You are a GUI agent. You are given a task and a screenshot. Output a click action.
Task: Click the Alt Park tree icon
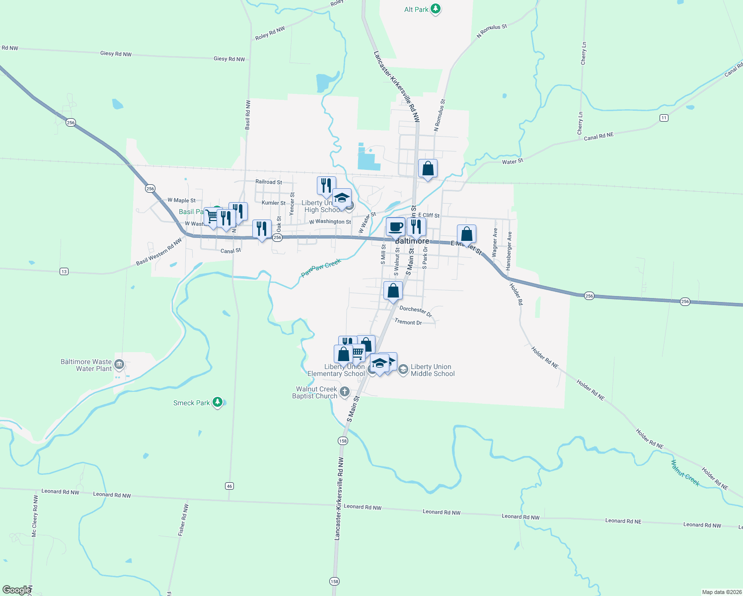click(x=436, y=9)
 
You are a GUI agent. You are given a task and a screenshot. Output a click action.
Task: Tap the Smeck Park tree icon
click(x=217, y=402)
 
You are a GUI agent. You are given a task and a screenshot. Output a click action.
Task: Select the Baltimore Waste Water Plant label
click(x=86, y=365)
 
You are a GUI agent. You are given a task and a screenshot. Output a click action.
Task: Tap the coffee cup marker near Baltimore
click(x=395, y=227)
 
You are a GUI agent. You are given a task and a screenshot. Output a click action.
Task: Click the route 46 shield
click(x=229, y=486)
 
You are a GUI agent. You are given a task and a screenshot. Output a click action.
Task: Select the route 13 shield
click(x=64, y=271)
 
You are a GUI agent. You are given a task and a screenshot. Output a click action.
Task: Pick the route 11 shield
click(x=664, y=118)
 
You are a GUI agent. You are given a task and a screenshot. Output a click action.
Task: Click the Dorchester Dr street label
click(x=416, y=311)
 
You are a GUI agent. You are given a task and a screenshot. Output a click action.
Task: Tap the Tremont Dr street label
click(x=408, y=322)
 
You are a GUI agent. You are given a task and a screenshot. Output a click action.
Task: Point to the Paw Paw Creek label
click(x=321, y=268)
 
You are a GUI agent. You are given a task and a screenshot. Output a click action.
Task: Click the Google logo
click(x=16, y=590)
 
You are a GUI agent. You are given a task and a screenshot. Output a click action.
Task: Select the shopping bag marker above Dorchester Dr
click(x=393, y=291)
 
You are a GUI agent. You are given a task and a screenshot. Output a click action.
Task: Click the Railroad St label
click(x=269, y=182)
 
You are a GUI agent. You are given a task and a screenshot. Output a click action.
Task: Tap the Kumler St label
click(x=274, y=203)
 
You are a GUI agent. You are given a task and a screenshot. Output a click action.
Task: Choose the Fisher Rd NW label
click(x=183, y=520)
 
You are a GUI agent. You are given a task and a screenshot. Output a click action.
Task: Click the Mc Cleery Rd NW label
click(x=34, y=516)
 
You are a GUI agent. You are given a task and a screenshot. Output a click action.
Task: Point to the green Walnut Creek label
click(x=685, y=473)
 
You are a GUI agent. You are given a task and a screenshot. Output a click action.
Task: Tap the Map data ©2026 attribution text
click(x=721, y=592)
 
